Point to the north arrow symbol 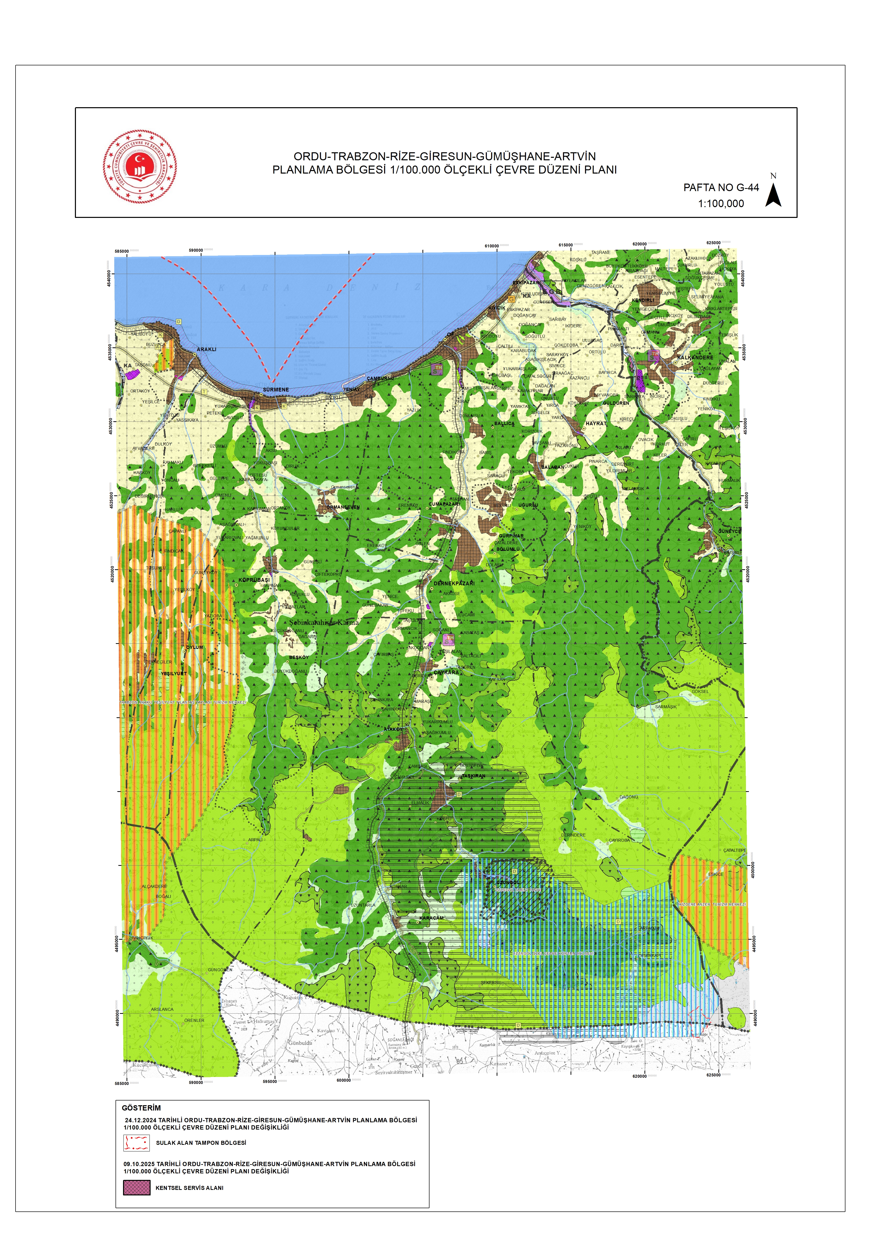pyautogui.click(x=773, y=195)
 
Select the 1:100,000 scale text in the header pyautogui.click(x=721, y=204)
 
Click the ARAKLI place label pyautogui.click(x=206, y=349)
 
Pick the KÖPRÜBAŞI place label pyautogui.click(x=254, y=580)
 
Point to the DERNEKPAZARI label pyautogui.click(x=454, y=584)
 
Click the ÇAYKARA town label pyautogui.click(x=446, y=672)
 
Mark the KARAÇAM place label pyautogui.click(x=431, y=918)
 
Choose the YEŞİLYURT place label pyautogui.click(x=173, y=673)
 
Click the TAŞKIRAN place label pyautogui.click(x=473, y=776)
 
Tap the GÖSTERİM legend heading pyautogui.click(x=141, y=1108)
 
